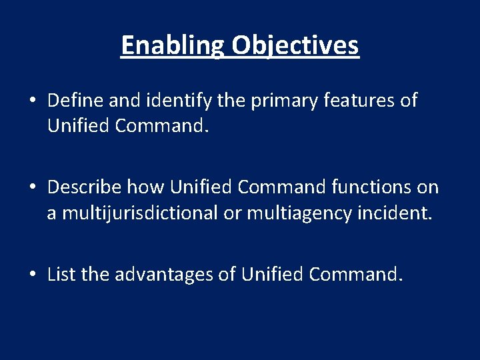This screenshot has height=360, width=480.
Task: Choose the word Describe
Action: (85, 187)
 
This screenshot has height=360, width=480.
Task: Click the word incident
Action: (399, 213)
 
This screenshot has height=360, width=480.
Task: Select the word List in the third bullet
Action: (62, 274)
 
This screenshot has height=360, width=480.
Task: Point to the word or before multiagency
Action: (233, 213)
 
